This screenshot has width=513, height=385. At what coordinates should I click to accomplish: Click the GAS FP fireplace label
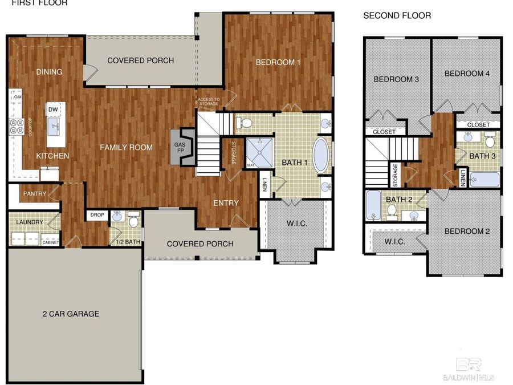coord(180,148)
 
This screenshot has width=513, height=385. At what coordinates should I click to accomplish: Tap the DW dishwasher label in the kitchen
coord(53,110)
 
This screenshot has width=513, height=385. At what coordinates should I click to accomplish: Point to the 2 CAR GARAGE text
coord(71,314)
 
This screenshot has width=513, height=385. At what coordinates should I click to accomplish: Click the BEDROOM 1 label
coord(278,62)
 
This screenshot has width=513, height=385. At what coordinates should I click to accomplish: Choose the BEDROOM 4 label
coord(467,74)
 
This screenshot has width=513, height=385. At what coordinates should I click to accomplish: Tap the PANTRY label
coord(34,194)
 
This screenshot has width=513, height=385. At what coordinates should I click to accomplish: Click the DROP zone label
coord(96,215)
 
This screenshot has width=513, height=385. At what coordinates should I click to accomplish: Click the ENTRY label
coord(226,203)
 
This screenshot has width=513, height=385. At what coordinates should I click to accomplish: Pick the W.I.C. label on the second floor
coord(394,242)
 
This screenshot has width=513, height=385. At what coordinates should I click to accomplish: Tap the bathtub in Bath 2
coord(374,206)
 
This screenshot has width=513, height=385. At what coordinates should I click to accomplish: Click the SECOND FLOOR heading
coord(397,16)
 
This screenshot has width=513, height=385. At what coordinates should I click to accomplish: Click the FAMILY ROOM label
coord(127,147)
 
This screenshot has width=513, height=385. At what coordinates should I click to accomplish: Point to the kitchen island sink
coord(55,127)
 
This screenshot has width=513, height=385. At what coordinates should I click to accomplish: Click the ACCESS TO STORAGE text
coord(208,102)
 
